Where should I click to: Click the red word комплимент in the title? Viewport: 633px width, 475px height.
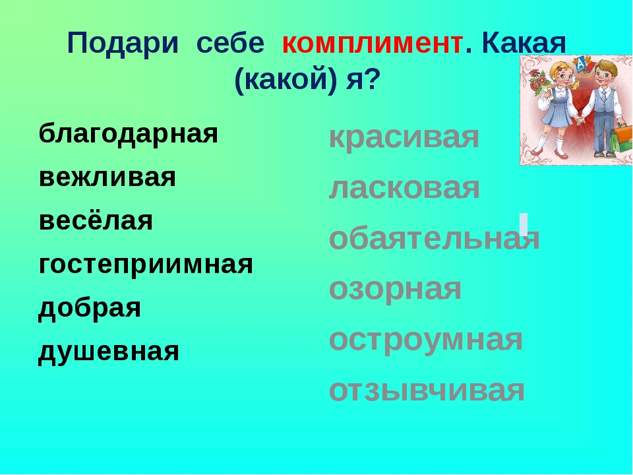[x=372, y=44]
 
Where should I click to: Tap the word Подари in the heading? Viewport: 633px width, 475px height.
[x=123, y=43]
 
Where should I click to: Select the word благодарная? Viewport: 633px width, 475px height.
[x=129, y=134]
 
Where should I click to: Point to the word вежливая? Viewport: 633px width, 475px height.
[x=107, y=177]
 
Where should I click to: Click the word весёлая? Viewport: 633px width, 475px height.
[x=96, y=220]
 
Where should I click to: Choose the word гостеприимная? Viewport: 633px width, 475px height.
[x=146, y=265]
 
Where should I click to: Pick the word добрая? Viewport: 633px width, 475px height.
[x=90, y=308]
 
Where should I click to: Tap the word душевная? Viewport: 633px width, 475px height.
[x=109, y=352]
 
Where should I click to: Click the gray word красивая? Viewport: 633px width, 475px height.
[x=404, y=138]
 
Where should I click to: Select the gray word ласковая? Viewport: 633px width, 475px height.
[x=404, y=188]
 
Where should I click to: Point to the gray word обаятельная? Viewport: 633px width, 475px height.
[x=435, y=238]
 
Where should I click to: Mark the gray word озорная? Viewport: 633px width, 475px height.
[x=395, y=289]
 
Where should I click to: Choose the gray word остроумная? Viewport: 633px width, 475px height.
[x=426, y=340]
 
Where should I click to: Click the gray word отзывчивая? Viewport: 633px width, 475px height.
[x=427, y=391]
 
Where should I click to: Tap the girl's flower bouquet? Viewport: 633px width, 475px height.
[x=539, y=83]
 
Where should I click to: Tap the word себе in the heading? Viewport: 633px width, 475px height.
[x=230, y=44]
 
